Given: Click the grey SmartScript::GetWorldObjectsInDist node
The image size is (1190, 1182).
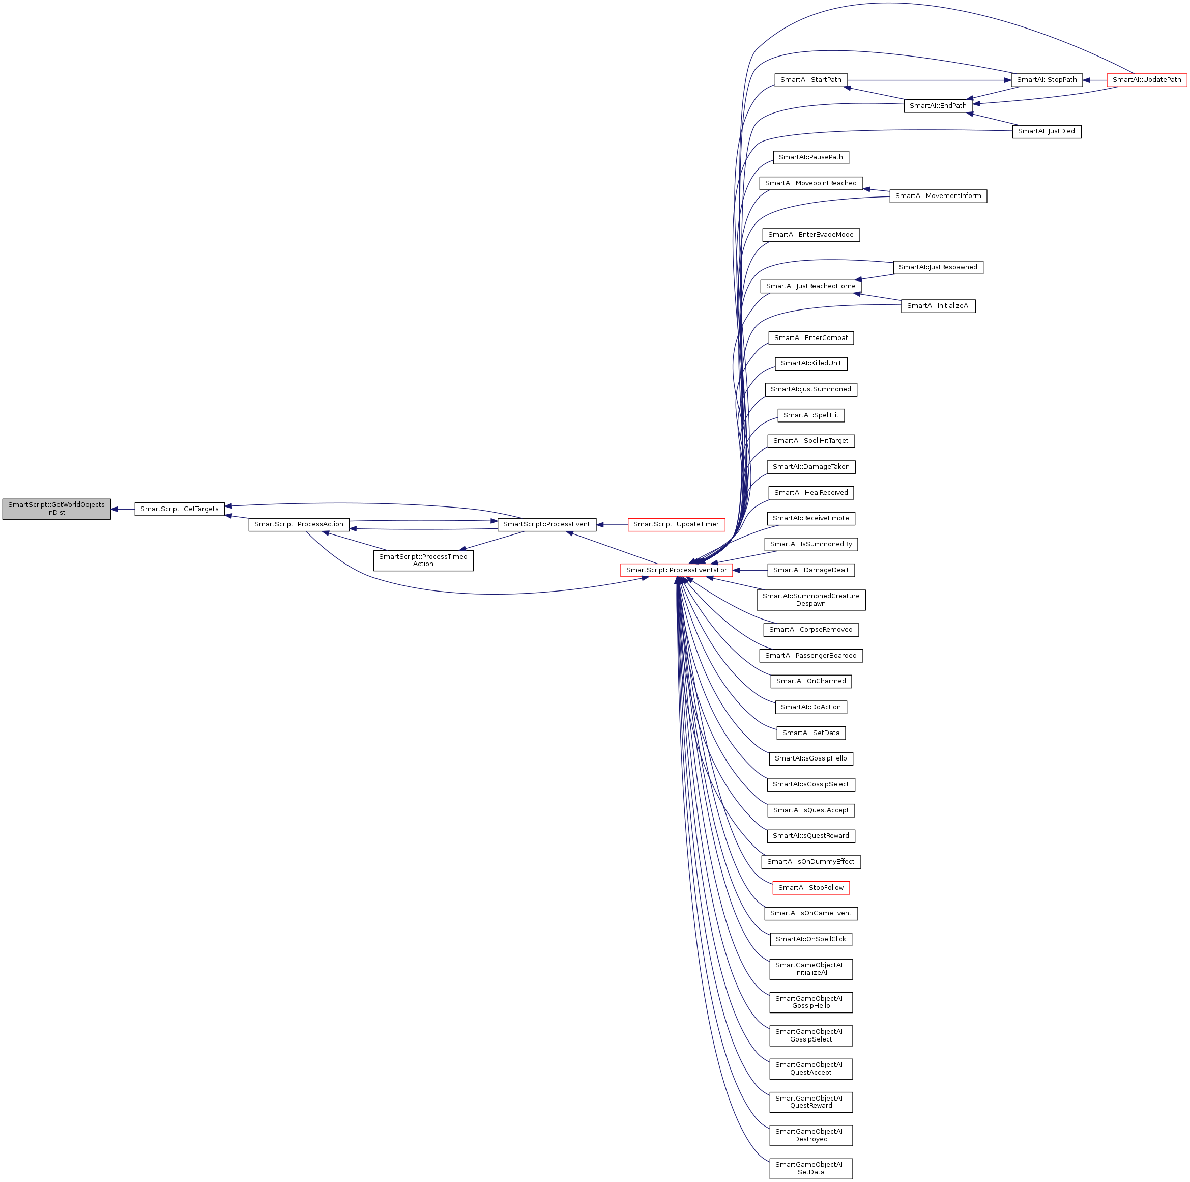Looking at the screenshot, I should tap(56, 509).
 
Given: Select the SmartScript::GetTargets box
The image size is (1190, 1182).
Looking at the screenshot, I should tap(179, 509).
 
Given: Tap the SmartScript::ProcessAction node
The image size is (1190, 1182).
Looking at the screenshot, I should tap(299, 524).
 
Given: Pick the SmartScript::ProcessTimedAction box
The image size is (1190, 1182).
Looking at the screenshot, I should tap(423, 560).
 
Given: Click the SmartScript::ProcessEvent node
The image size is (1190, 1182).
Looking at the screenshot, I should tap(546, 524).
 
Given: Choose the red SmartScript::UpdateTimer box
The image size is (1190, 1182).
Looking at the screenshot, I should tap(676, 524).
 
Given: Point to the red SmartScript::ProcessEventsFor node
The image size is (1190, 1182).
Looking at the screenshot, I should tap(676, 570).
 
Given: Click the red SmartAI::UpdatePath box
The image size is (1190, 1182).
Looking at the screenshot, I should tap(1146, 80).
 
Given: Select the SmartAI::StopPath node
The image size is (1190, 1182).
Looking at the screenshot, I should tap(1047, 80).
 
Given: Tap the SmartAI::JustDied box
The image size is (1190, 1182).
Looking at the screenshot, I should tap(1047, 131).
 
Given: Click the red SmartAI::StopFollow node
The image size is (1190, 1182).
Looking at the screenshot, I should tap(810, 887).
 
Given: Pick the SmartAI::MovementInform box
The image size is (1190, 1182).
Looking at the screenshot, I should tap(938, 196).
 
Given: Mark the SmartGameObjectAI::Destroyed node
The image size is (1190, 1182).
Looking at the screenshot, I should tap(810, 1135).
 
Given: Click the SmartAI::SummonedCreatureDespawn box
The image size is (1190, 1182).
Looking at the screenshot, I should tap(810, 600).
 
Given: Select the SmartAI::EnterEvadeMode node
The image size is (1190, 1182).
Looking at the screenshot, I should tap(810, 235).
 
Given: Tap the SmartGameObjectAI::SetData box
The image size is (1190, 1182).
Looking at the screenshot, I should tap(810, 1168).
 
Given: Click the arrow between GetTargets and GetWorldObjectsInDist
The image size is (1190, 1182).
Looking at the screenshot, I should tap(123, 509).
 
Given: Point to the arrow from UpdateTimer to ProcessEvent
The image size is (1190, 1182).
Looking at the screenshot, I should tap(612, 524).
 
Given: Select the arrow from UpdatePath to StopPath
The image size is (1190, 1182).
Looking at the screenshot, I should tap(1094, 80).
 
